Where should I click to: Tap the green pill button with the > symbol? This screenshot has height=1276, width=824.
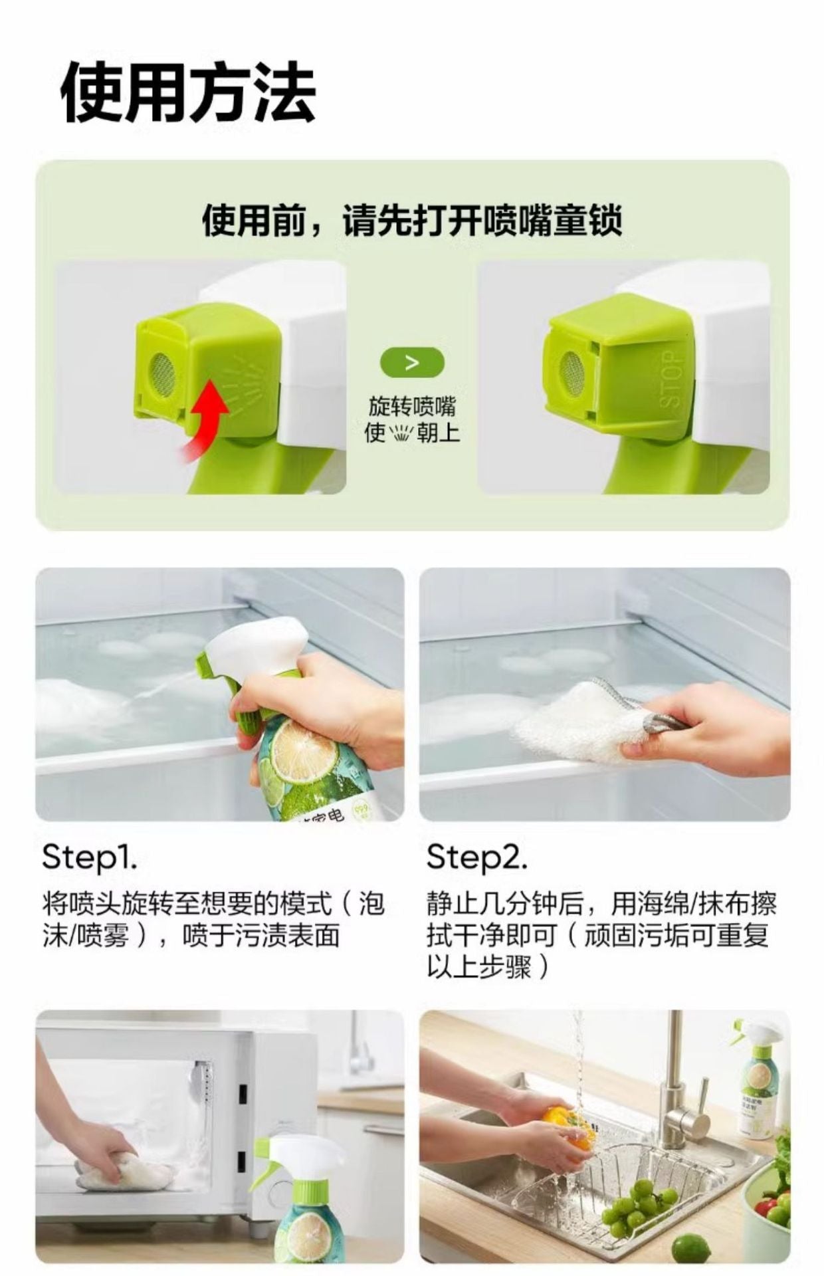pyautogui.click(x=412, y=363)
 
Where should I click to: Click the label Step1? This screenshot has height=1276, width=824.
pyautogui.click(x=90, y=859)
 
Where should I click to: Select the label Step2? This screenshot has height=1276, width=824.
pyautogui.click(x=477, y=859)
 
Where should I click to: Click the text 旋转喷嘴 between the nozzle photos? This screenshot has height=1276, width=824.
pyautogui.click(x=412, y=407)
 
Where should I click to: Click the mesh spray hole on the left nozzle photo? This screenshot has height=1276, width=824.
pyautogui.click(x=163, y=372)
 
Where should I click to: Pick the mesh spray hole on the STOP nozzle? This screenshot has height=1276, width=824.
pyautogui.click(x=573, y=370)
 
